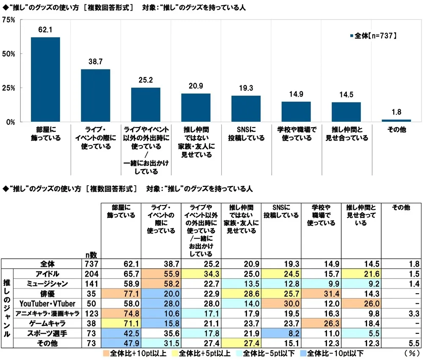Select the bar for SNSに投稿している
click(246, 109)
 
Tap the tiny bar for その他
click(396, 121)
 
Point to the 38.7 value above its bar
click(96, 62)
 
